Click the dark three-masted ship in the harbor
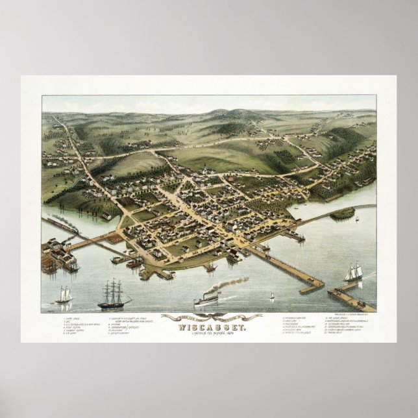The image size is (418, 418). click(113, 295)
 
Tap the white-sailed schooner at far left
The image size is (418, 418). click(64, 295)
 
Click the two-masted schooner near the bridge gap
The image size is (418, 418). click(353, 273)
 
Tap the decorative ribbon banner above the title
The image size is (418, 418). click(211, 317)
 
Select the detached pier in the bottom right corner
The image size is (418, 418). click(350, 299)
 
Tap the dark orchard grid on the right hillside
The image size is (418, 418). click(286, 156)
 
